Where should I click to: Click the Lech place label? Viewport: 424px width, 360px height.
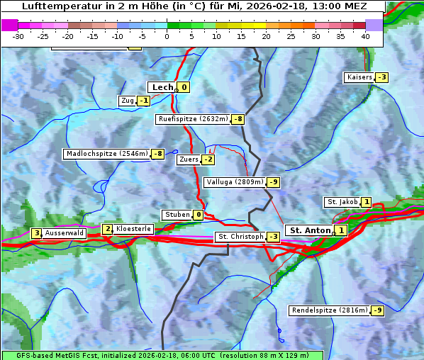[162, 87]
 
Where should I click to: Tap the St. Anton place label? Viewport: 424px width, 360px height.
[311, 230]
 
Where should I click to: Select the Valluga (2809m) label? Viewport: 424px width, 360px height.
[234, 182]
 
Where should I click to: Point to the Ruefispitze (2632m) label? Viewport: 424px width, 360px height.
[193, 119]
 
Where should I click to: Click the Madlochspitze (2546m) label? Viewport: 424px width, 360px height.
[106, 154]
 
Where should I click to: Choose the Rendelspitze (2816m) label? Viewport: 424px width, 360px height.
[330, 310]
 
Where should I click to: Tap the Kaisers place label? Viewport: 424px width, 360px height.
[359, 77]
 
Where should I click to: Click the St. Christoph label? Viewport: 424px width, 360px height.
[240, 237]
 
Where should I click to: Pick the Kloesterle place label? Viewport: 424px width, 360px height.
[133, 229]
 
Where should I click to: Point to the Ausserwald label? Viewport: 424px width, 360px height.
[65, 233]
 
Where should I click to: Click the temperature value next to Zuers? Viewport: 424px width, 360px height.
[208, 159]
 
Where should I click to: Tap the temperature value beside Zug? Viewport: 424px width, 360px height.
[143, 101]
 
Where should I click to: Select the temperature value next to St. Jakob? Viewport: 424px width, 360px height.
[366, 202]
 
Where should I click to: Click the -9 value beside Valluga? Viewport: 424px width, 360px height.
[274, 182]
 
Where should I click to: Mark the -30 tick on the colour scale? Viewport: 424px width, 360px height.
[18, 35]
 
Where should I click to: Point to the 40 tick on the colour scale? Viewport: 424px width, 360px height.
[365, 35]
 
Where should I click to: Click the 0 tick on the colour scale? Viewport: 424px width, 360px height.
[167, 35]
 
